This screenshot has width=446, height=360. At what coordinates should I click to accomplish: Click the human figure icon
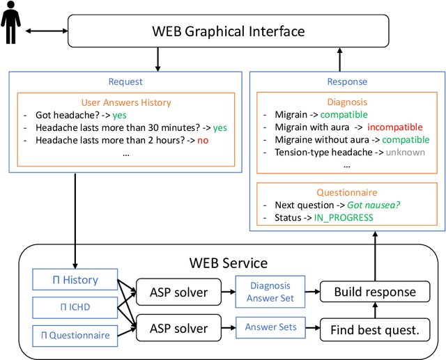[11, 27]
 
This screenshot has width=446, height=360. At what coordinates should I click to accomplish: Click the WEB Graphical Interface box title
[228, 31]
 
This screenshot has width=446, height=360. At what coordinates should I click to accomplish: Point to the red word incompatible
[394, 127]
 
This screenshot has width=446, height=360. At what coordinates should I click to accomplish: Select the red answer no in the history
[202, 140]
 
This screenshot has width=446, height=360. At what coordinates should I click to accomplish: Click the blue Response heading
[347, 81]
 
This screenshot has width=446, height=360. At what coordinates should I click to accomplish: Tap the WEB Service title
[229, 263]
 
